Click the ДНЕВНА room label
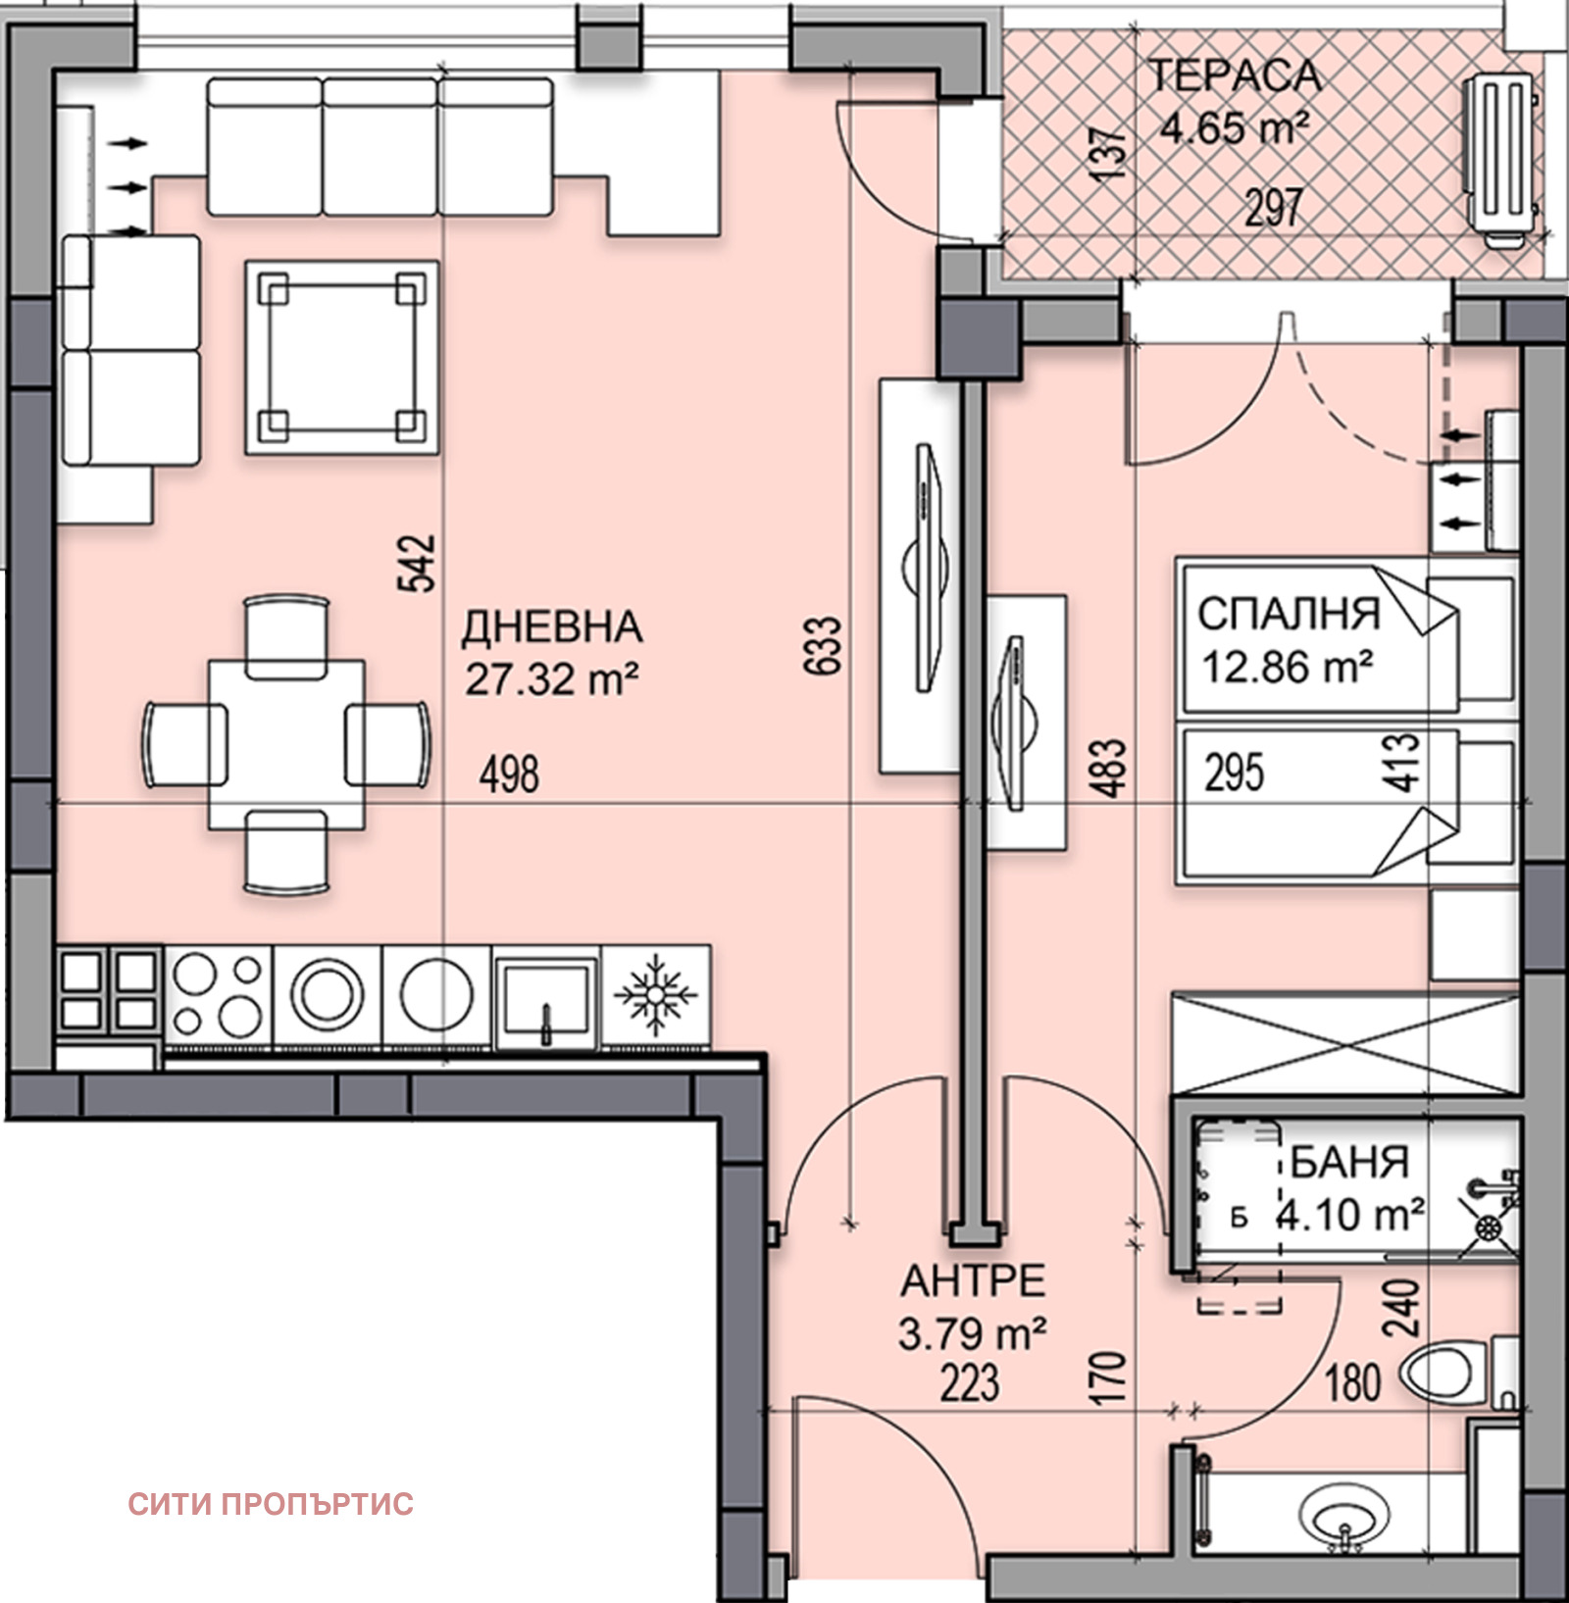pyautogui.click(x=552, y=627)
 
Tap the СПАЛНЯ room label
pyautogui.click(x=1289, y=614)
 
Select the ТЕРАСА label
pyautogui.click(x=1235, y=75)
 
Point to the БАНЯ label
pyautogui.click(x=1349, y=1162)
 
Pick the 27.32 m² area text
pyautogui.click(x=552, y=678)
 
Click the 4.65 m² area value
pyautogui.click(x=1235, y=127)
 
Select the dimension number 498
pyautogui.click(x=509, y=775)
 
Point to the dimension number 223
pyautogui.click(x=970, y=1383)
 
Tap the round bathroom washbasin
pyautogui.click(x=1344, y=1517)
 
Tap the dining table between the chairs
pyautogui.click(x=286, y=745)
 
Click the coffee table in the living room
pyautogui.click(x=341, y=357)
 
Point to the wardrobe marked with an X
pyautogui.click(x=1345, y=1043)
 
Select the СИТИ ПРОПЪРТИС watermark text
pyautogui.click(x=271, y=1504)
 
